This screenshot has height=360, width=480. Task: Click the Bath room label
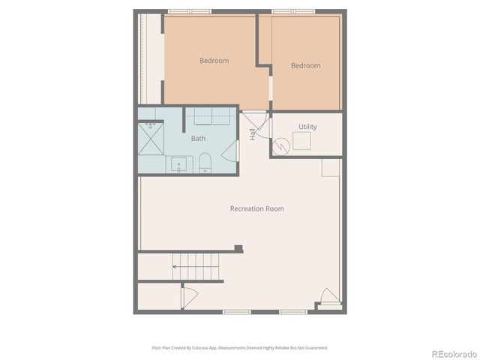198,139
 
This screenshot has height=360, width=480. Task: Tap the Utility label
307,127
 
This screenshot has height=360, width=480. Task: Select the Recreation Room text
256,208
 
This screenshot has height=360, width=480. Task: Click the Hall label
253,134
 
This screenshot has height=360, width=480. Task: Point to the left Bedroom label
214,61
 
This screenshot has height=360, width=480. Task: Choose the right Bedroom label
305,66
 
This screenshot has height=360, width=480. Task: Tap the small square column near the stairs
238,249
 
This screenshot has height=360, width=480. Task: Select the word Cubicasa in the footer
200,348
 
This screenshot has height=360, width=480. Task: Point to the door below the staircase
189,296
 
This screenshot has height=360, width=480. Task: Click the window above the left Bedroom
189,11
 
